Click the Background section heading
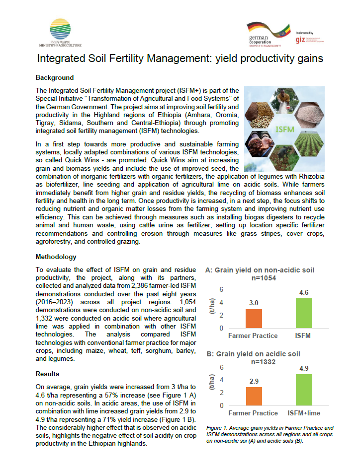(55, 77)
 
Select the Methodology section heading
(56, 257)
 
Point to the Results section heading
(48, 374)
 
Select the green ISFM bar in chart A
(304, 313)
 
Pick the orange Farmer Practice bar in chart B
(254, 396)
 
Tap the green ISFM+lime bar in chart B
(304, 390)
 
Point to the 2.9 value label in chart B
(254, 381)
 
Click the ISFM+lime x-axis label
(304, 413)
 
